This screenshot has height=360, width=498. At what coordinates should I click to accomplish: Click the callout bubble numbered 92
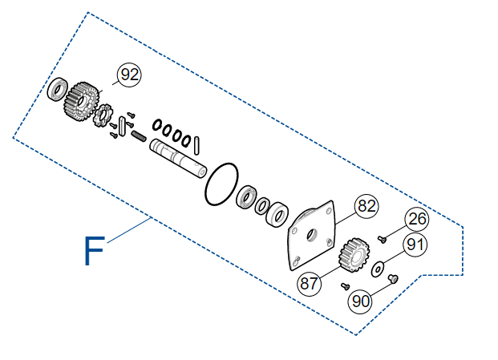point(129,75)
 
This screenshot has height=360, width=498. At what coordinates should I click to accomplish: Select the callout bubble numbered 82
point(366,206)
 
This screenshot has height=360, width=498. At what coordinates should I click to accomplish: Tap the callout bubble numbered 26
point(417,219)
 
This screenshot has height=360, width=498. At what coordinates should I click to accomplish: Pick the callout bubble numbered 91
point(415,245)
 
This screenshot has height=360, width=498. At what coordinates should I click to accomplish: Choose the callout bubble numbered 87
point(309,284)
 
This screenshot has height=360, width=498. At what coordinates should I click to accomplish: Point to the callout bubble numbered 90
point(361,301)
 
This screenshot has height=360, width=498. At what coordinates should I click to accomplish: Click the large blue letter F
point(94,250)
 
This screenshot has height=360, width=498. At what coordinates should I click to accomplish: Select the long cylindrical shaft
point(178,158)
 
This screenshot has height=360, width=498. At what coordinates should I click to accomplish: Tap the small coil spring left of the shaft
point(139,136)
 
